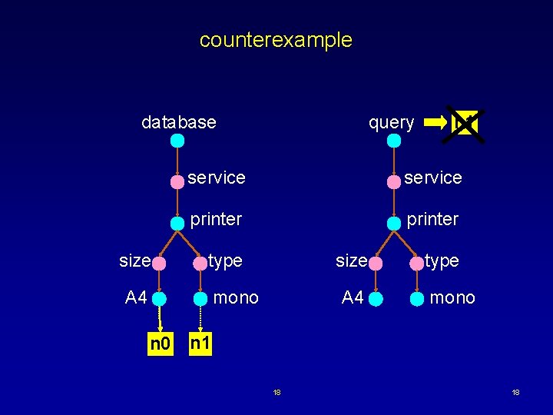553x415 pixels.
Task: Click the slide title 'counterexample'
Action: pyautogui.click(x=276, y=40)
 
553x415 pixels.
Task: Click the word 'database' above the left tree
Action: pyautogui.click(x=179, y=122)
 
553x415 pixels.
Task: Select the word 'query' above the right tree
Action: pyautogui.click(x=391, y=122)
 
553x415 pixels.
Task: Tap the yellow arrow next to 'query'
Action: pyautogui.click(x=435, y=122)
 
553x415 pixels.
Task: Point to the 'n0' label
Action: pyautogui.click(x=161, y=344)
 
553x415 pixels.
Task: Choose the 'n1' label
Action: pyautogui.click(x=200, y=344)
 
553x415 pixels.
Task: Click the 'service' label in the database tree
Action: pyautogui.click(x=216, y=178)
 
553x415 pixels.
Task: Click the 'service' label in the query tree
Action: pyautogui.click(x=432, y=178)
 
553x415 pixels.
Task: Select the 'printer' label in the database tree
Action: pyautogui.click(x=216, y=219)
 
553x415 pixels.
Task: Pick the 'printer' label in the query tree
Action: pyautogui.click(x=432, y=219)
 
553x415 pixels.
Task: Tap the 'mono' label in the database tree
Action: pyautogui.click(x=236, y=297)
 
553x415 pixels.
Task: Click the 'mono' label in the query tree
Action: pyautogui.click(x=452, y=297)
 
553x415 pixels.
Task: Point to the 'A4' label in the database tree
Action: pyautogui.click(x=136, y=297)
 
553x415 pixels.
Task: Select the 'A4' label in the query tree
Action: pyautogui.click(x=353, y=297)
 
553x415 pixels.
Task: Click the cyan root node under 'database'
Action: pyautogui.click(x=177, y=141)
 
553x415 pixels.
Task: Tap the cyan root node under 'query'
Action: pyautogui.click(x=394, y=141)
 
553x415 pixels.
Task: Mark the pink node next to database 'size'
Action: pyautogui.click(x=159, y=263)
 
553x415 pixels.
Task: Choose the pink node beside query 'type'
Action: pyautogui.click(x=417, y=263)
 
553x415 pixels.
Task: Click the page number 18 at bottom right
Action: pyautogui.click(x=515, y=393)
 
